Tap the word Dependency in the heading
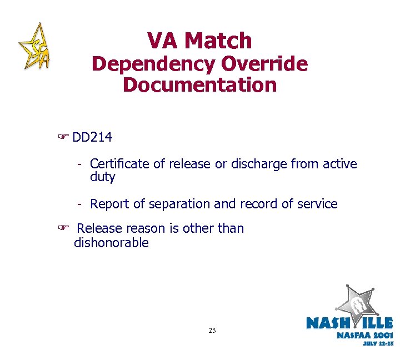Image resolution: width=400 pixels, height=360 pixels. coord(153,64)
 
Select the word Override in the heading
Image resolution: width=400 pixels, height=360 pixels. coord(264,64)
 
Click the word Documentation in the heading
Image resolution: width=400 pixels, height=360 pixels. coord(199,85)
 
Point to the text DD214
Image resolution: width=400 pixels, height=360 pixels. coord(92,137)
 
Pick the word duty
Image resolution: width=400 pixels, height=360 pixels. coord(102,177)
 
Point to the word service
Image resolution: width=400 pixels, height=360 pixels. coord(317,204)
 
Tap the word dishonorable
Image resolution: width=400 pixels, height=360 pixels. coord(111,243)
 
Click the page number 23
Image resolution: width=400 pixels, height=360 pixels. coord(212,331)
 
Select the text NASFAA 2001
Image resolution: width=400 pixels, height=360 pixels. coord(364,335)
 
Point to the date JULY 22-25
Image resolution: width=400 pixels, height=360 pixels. coord(378,343)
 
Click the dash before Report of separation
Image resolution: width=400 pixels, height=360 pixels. coord(80,204)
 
